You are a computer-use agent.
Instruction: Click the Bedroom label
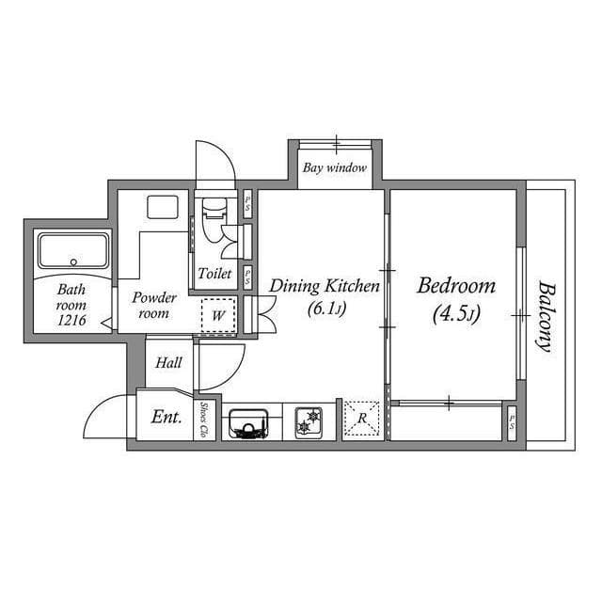pos(456,285)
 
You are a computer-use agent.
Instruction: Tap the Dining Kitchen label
pos(325,285)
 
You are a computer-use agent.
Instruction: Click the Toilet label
pos(214,274)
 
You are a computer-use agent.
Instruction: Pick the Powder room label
pos(154,306)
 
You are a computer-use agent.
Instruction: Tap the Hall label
pos(168,362)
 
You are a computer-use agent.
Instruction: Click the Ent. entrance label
pos(166,417)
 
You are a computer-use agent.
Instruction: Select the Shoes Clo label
pos(205,420)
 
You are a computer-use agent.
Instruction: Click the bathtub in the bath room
pos(72,251)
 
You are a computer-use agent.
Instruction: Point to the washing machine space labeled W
pos(218,316)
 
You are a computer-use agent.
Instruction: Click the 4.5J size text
pos(456,315)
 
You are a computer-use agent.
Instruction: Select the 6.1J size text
pos(325,308)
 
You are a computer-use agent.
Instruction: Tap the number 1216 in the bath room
pos(71,321)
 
